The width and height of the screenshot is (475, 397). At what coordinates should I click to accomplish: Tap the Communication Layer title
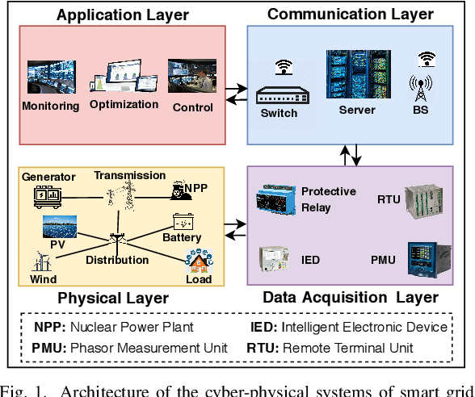350,14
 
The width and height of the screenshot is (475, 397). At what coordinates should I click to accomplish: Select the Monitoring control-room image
52,77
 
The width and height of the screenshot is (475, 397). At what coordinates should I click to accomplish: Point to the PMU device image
422,257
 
